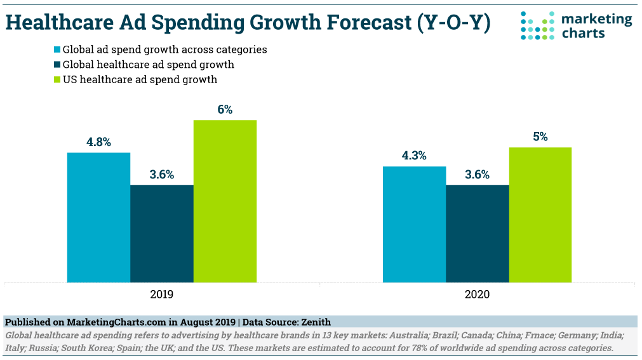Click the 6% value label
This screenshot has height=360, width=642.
(225, 109)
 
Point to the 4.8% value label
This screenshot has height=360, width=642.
(98, 142)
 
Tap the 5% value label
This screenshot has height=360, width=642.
(540, 137)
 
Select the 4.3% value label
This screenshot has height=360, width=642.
(414, 156)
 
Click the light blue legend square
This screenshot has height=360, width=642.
(57, 50)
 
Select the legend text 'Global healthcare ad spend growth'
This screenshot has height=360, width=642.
(148, 65)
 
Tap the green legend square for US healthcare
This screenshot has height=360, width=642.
(57, 80)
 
